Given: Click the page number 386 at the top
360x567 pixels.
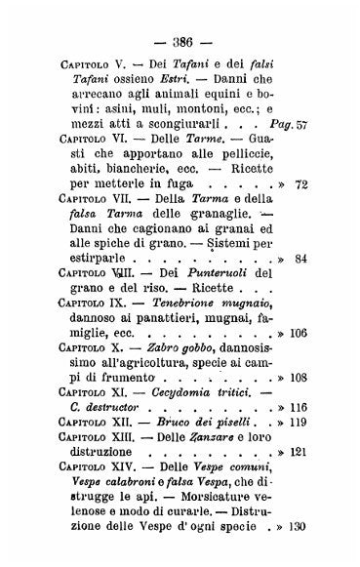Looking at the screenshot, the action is pyautogui.click(x=180, y=22).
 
